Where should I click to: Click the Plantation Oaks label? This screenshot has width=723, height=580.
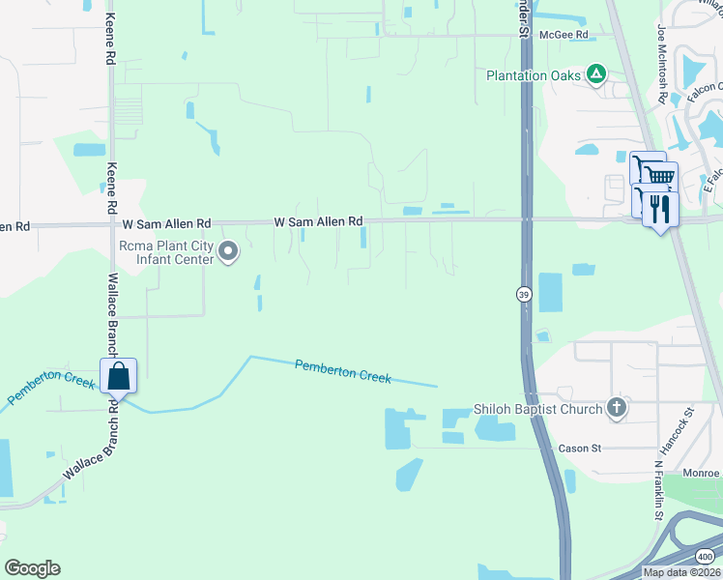(x=534, y=74)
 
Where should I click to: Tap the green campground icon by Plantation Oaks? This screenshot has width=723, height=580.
(x=597, y=73)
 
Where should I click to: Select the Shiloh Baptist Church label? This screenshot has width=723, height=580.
(x=535, y=409)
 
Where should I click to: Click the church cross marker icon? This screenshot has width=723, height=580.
(x=617, y=408)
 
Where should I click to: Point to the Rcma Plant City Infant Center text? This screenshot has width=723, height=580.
(x=165, y=252)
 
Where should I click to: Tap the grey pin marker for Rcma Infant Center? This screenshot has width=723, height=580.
(x=229, y=252)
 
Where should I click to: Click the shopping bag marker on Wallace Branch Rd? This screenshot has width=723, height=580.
(x=118, y=375)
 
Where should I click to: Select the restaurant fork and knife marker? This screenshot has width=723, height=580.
(x=660, y=210)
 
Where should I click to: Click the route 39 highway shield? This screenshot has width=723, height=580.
(x=523, y=294)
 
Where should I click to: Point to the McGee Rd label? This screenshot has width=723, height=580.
(x=565, y=35)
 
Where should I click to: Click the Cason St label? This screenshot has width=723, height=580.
(x=580, y=449)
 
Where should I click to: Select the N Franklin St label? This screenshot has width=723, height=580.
(x=658, y=489)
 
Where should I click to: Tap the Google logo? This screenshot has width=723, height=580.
(x=32, y=568)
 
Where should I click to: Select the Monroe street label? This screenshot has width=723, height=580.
(x=704, y=473)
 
